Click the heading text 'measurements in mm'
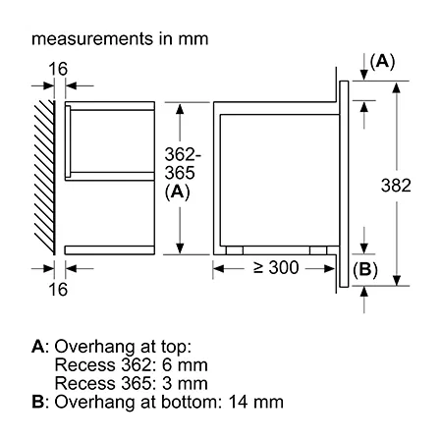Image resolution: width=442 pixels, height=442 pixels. tap(120, 38)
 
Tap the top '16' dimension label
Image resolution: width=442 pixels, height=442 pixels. tap(58, 69)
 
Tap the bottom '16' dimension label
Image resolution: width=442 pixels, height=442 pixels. tap(58, 290)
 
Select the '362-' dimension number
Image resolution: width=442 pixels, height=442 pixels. tap(183, 154)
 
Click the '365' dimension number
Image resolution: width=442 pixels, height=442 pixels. tap(180, 173)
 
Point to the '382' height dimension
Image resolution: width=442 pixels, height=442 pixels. tap(396, 186)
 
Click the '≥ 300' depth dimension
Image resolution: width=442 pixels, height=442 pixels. tap(276, 267)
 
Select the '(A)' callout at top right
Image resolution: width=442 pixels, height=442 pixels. tap(382, 62)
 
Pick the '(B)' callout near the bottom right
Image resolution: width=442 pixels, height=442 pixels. tap(365, 270)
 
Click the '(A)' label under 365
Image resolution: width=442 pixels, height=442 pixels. tap(177, 192)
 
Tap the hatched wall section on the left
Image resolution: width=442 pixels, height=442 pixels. tap(45, 177)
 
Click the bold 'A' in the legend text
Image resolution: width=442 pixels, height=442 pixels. tap(38, 347)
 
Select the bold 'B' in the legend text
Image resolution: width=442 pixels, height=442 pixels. tap(37, 402)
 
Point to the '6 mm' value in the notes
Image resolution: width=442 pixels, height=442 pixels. tap(185, 365)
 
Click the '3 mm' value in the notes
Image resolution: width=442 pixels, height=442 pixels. tap(185, 383)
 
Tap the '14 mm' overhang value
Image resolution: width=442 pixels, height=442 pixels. tap(256, 402)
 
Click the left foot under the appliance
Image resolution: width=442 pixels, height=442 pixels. tap(235, 250)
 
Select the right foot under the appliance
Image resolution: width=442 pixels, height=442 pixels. tap(318, 250)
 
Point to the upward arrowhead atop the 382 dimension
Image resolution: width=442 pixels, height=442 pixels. tap(397, 87)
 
